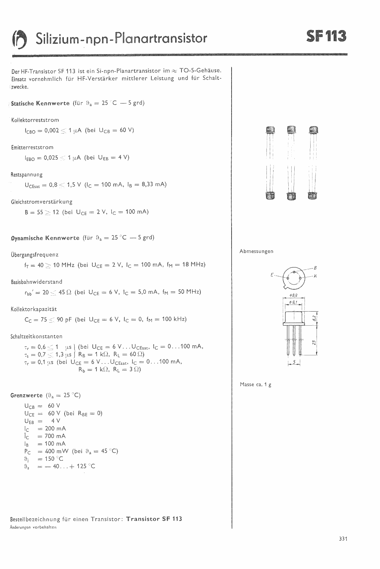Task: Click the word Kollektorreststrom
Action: click(x=35, y=120)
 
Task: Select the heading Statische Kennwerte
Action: click(x=40, y=103)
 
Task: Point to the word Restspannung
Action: click(x=27, y=175)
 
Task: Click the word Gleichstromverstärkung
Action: click(x=42, y=202)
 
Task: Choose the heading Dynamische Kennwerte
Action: click(x=45, y=238)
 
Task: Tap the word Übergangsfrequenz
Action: click(x=35, y=255)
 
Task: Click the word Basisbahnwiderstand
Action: click(x=37, y=282)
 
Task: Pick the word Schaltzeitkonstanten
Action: click(x=36, y=336)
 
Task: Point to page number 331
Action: click(x=343, y=539)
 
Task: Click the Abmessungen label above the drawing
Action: click(x=256, y=251)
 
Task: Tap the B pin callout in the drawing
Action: click(x=315, y=267)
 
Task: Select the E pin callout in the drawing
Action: click(x=272, y=275)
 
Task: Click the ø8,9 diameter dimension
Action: click(x=294, y=296)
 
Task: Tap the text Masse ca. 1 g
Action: click(x=255, y=385)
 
